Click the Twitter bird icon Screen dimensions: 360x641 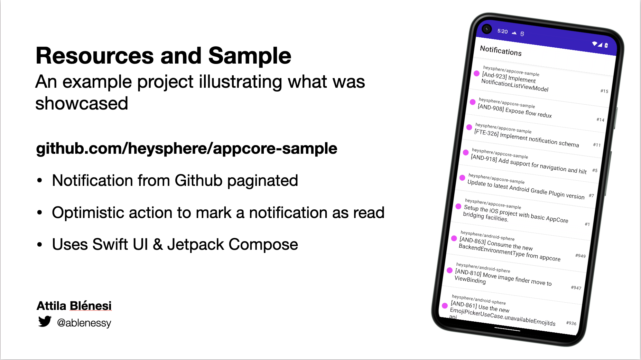click(45, 321)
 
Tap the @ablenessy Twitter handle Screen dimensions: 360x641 click(84, 323)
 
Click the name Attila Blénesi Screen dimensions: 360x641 click(74, 306)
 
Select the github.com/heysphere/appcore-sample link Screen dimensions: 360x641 click(186, 149)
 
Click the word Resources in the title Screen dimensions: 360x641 click(95, 56)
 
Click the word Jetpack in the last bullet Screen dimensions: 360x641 click(195, 245)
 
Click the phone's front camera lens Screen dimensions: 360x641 click(487, 29)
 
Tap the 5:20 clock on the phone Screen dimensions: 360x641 click(502, 31)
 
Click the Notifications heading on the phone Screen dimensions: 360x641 click(501, 51)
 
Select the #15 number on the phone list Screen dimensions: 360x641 click(604, 91)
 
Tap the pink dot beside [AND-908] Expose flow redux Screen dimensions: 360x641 click(473, 102)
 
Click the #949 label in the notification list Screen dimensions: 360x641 click(580, 256)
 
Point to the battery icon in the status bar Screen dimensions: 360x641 click(606, 45)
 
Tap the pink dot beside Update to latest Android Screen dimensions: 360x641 click(462, 178)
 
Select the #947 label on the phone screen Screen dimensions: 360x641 click(576, 287)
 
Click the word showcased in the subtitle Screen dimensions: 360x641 click(82, 104)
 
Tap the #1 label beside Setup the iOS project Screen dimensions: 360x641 click(587, 224)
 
